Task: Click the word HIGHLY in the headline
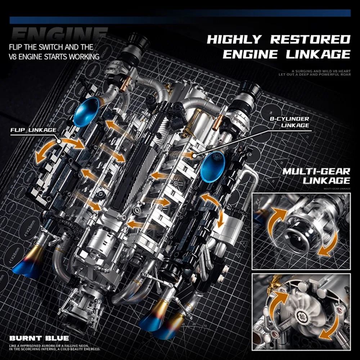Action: [x=235, y=39]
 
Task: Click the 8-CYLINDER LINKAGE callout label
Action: [x=290, y=122]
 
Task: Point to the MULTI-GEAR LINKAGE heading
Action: [x=316, y=175]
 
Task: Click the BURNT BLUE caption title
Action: [x=39, y=338]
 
